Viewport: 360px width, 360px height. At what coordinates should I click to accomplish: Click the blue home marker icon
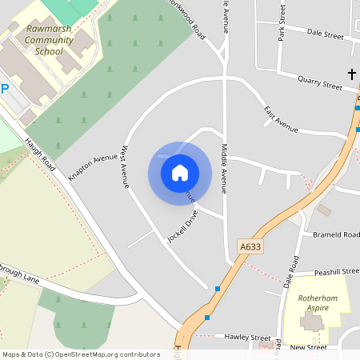[180, 173]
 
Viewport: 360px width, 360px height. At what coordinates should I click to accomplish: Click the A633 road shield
[250, 248]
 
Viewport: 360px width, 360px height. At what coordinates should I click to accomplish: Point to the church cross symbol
[351, 74]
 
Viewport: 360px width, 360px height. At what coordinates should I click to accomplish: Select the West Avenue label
[125, 166]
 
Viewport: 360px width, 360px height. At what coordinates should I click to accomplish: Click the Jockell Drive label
[182, 226]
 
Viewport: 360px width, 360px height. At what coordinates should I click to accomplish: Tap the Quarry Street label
[320, 82]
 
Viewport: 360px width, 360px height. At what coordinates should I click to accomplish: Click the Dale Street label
[325, 36]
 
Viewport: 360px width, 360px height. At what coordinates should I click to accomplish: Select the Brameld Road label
[337, 235]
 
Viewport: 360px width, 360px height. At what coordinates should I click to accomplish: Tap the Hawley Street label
[247, 338]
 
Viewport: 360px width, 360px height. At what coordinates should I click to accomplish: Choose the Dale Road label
[291, 272]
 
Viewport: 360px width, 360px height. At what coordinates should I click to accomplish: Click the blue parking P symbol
[4, 90]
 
